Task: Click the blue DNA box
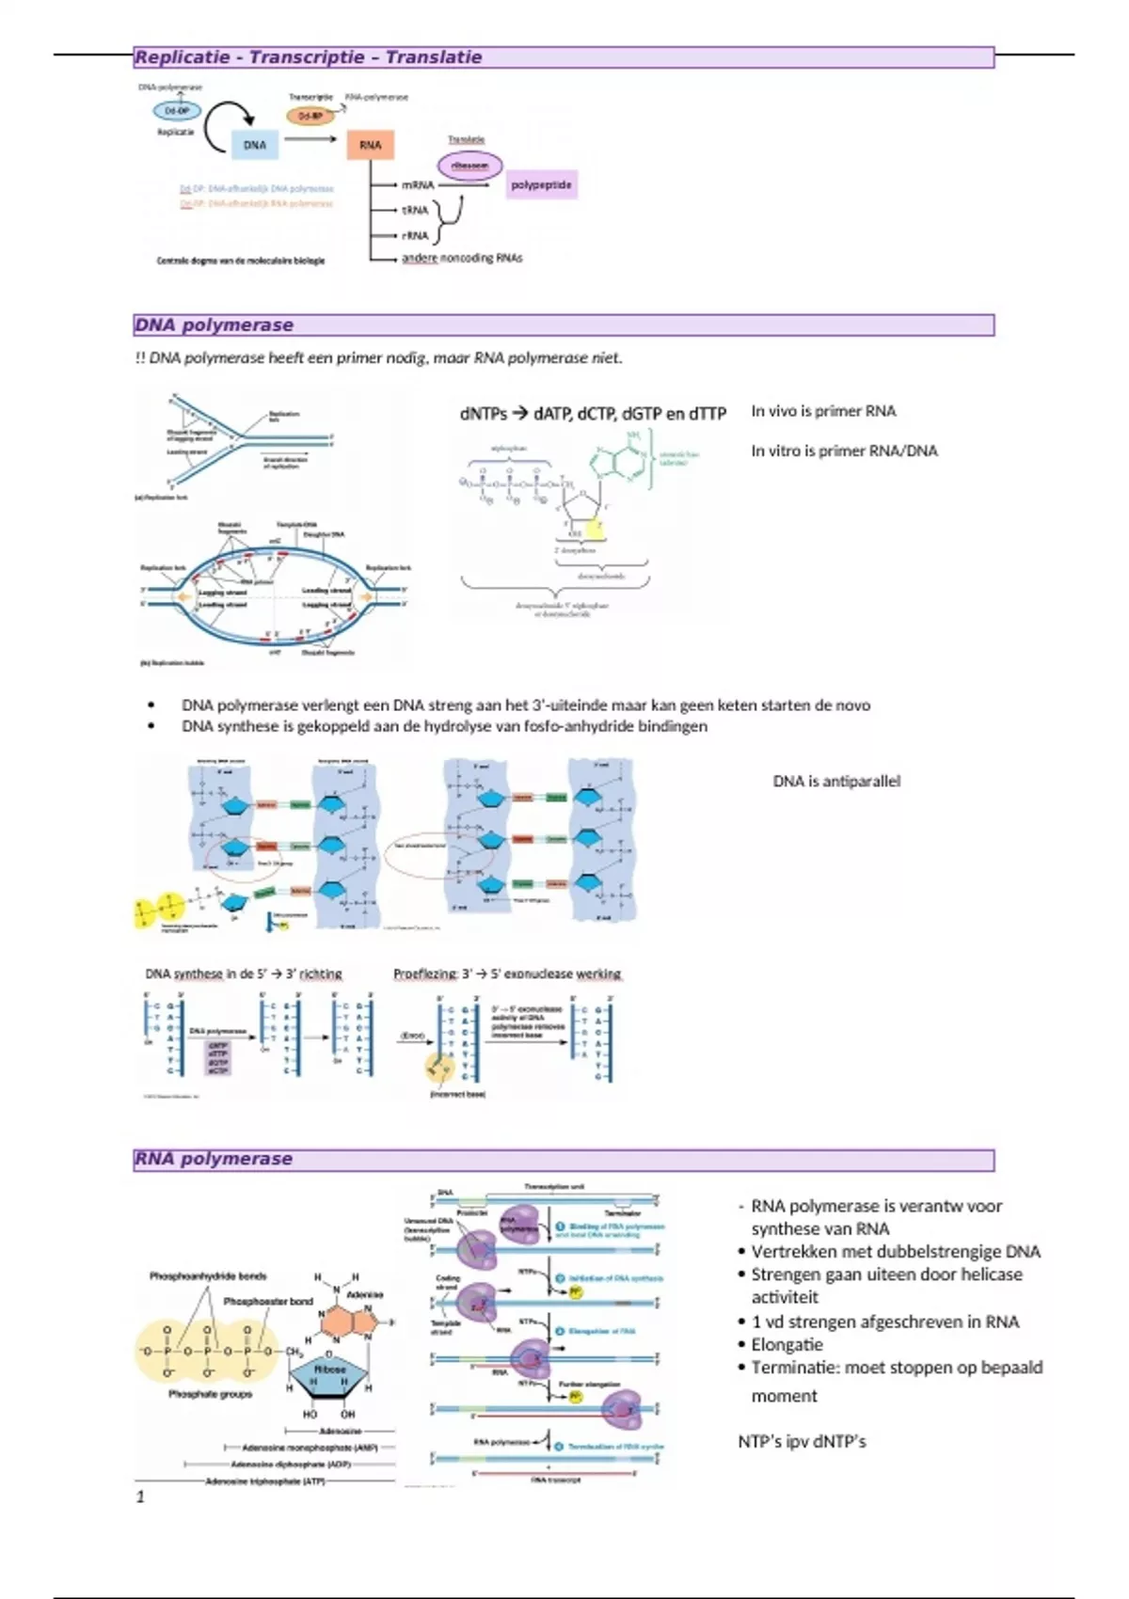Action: click(x=255, y=145)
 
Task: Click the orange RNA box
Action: click(x=370, y=145)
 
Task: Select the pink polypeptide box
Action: click(x=541, y=185)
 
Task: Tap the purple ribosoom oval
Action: click(x=469, y=166)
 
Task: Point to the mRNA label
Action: click(x=418, y=185)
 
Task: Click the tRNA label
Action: click(x=415, y=211)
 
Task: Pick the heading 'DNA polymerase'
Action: click(x=215, y=325)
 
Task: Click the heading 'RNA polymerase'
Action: click(x=214, y=1159)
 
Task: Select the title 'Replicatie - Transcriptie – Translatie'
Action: click(x=309, y=57)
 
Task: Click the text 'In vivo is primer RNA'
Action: click(x=823, y=411)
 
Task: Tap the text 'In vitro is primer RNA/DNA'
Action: click(x=844, y=451)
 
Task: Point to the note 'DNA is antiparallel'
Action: click(x=836, y=781)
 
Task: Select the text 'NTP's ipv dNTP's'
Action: click(x=802, y=1441)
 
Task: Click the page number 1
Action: click(x=140, y=1496)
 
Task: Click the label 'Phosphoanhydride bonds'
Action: click(x=208, y=1276)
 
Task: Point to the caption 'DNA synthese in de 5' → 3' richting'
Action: click(x=244, y=974)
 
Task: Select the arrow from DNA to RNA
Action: click(x=310, y=140)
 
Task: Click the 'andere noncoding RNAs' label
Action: click(x=462, y=258)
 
